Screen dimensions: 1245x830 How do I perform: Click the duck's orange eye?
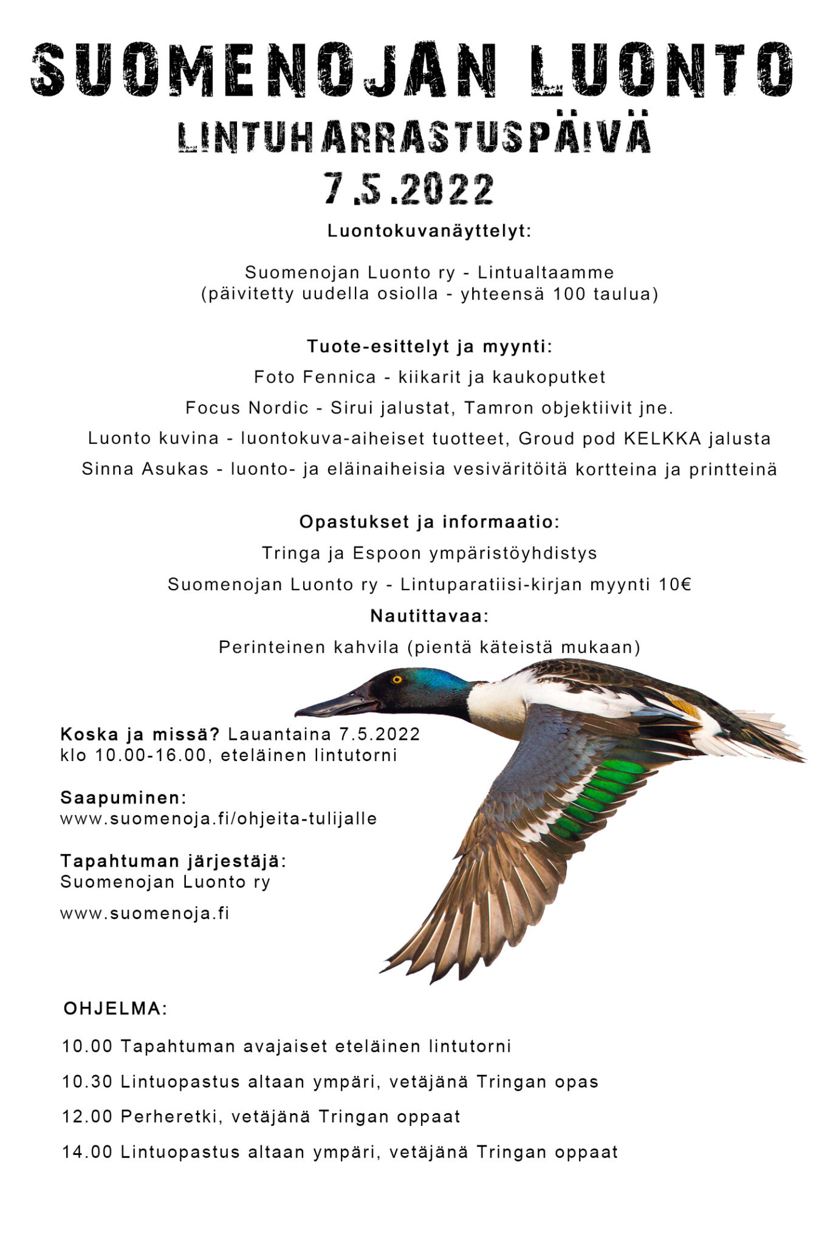point(397,679)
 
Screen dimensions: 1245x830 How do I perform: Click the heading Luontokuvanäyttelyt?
point(429,232)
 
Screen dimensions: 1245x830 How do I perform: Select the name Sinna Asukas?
point(145,470)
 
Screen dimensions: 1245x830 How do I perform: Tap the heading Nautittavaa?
point(429,616)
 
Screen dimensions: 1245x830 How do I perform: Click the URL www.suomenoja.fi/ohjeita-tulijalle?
point(218,819)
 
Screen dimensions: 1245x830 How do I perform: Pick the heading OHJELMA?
point(115,1009)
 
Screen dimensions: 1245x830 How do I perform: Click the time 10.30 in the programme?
point(87,1082)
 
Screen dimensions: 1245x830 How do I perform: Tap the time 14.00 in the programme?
point(87,1152)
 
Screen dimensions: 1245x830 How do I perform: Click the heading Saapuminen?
point(123,798)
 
